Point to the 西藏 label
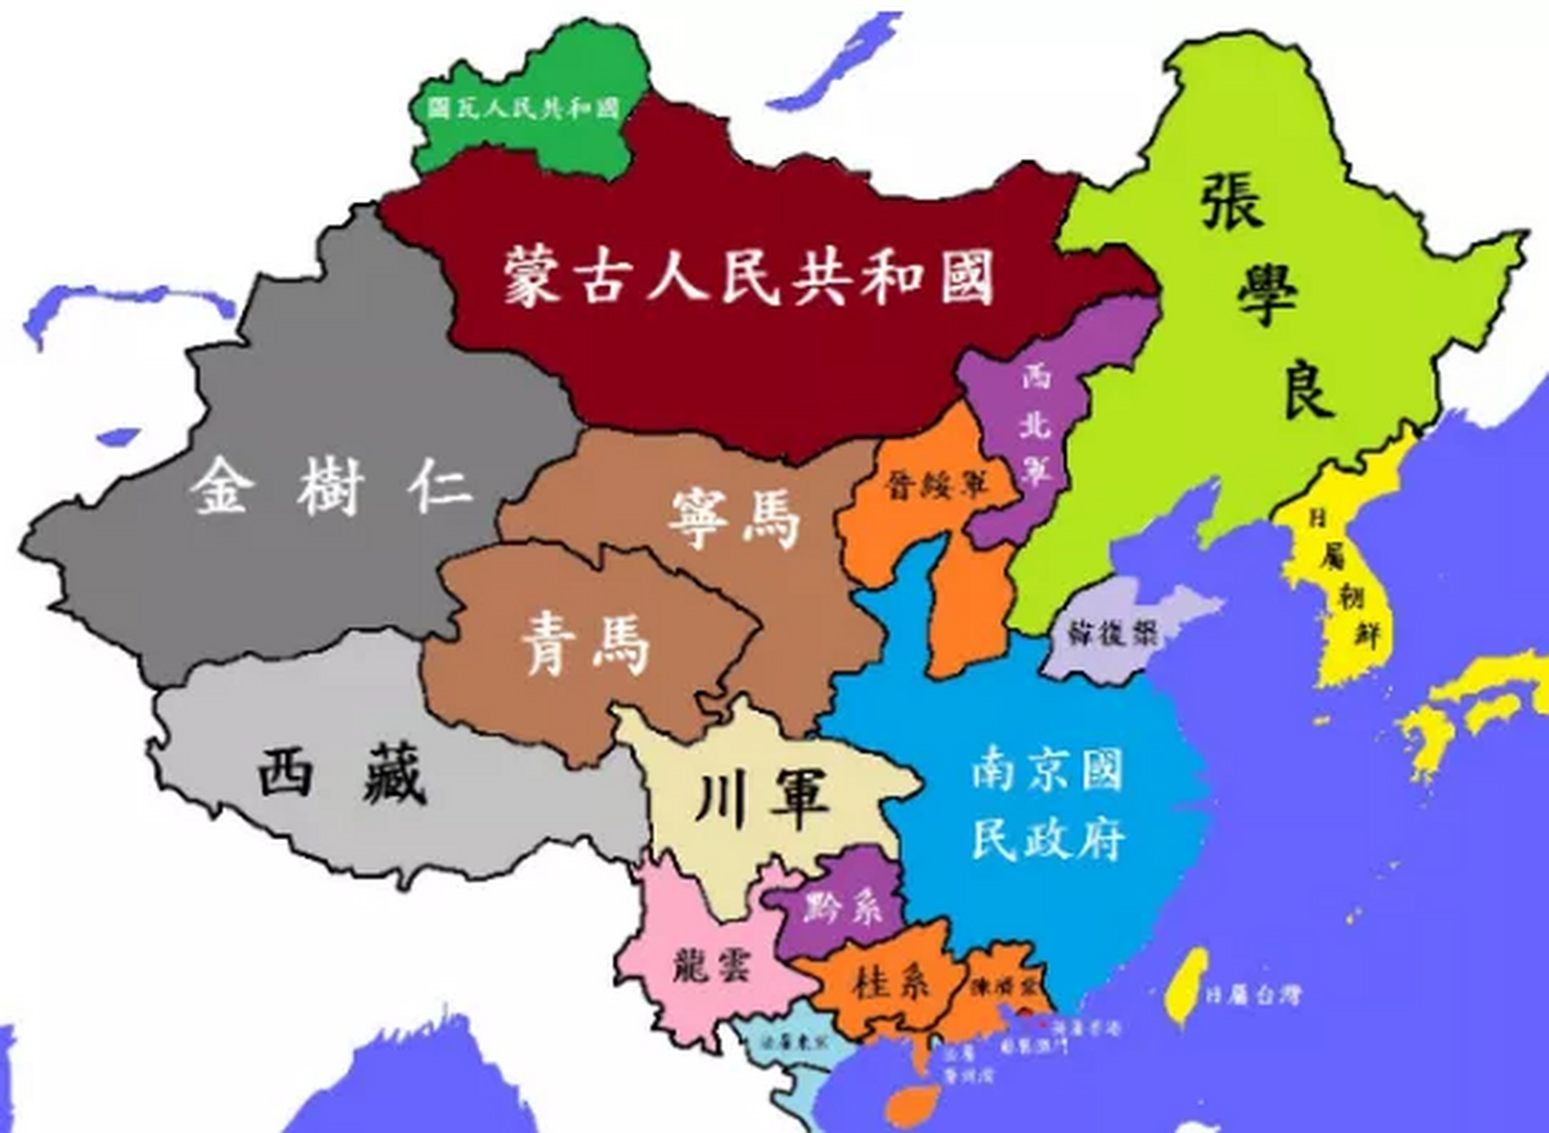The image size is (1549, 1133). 343,774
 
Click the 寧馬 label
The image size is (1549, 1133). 733,518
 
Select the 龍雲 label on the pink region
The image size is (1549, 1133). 710,963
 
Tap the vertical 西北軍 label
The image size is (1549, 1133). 1034,425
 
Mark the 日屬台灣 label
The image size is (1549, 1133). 1254,995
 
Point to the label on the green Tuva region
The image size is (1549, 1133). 522,108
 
